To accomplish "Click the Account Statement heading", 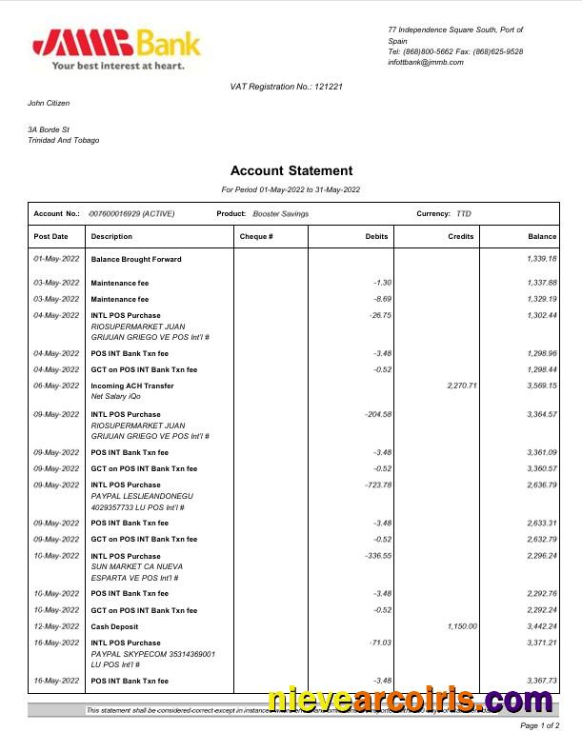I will click(x=291, y=171).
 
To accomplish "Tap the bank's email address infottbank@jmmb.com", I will click(x=426, y=63).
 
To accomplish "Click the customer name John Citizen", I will click(x=49, y=103).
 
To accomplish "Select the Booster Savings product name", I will click(x=281, y=214).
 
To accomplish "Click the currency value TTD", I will click(x=464, y=214).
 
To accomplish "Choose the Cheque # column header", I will click(x=256, y=236).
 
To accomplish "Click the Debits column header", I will click(x=376, y=236).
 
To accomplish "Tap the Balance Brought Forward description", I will click(x=136, y=259).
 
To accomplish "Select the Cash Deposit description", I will click(x=114, y=626).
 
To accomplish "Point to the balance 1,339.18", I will click(x=541, y=259).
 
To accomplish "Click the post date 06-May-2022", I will click(x=56, y=386).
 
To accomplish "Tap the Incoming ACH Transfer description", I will click(x=132, y=386).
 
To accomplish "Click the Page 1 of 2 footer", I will click(x=539, y=726).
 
